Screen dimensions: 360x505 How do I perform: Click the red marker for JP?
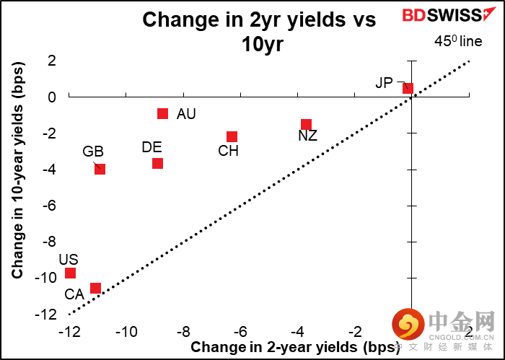408,88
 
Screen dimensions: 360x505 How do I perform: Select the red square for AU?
162,113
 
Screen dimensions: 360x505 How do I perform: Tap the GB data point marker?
100,169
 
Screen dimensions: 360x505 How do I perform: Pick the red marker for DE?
157,163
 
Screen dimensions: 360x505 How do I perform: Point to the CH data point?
232,136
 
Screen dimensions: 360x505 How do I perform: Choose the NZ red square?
306,124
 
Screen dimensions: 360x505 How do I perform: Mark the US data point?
70,273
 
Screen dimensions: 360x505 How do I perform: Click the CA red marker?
95,288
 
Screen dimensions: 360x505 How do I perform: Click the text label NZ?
307,136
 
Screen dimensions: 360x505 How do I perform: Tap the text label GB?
93,152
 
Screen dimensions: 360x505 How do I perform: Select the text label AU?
186,114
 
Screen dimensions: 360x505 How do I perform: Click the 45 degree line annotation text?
457,42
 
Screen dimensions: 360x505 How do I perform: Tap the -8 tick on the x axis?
183,332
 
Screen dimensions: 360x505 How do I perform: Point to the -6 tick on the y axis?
50,206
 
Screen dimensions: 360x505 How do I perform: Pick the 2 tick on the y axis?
52,61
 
